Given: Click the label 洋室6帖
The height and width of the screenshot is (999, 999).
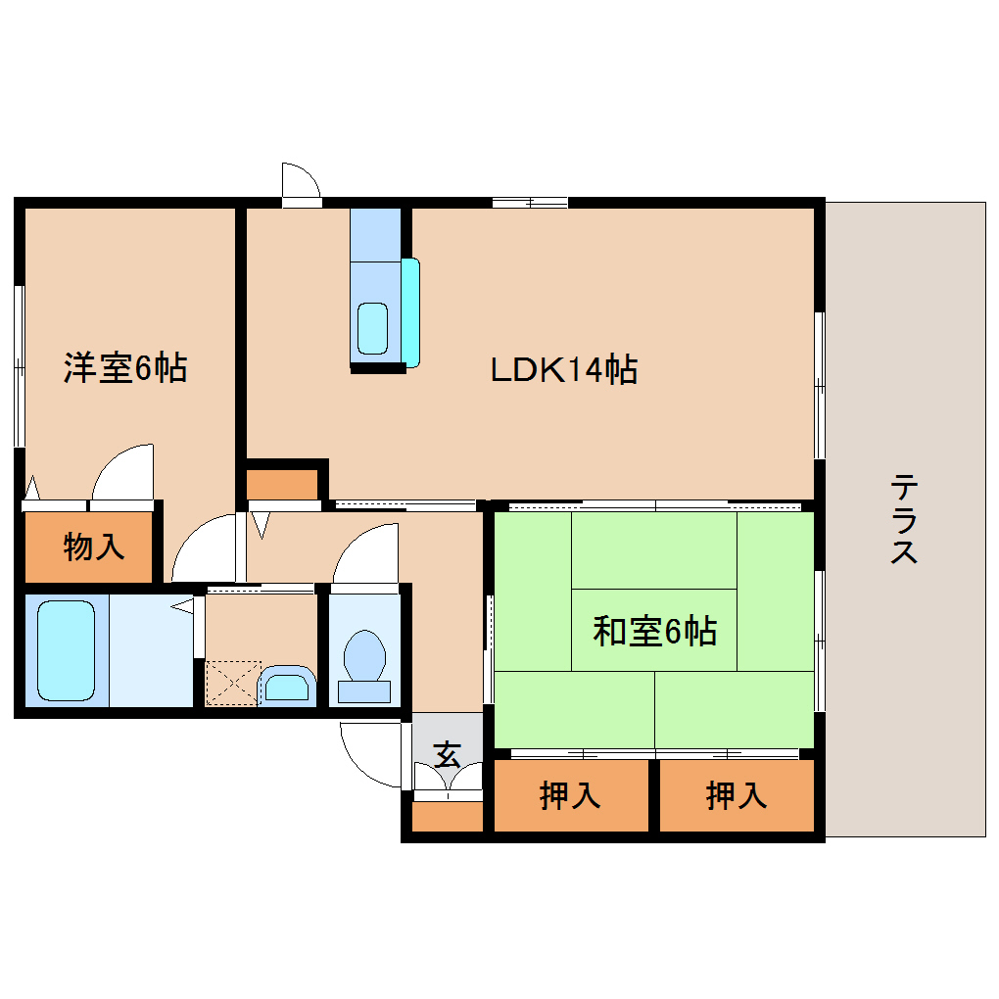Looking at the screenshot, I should coord(125,368).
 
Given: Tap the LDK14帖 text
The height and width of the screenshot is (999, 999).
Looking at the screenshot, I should coord(564,369).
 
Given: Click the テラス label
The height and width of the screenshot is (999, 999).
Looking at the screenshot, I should coord(903,519).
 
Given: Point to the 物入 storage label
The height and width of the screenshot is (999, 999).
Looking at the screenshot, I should coord(94,547).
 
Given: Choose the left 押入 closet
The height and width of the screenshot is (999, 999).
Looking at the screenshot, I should coord(570,796).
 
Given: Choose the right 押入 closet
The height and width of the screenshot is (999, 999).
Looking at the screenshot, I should coord(737,796).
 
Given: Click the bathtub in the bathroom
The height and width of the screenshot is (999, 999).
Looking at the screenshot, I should coord(67,651).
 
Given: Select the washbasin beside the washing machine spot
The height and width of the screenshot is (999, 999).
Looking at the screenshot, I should coord(287,686).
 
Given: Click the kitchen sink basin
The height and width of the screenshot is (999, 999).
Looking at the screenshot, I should coord(372,327).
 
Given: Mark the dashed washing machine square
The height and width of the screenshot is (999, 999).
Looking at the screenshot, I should coord(232,683).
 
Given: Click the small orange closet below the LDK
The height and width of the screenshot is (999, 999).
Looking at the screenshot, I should coord(282,484).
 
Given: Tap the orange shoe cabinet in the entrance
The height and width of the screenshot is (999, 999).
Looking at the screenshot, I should coord(448,817).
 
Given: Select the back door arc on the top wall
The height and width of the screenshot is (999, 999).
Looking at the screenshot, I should coord(302,180).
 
